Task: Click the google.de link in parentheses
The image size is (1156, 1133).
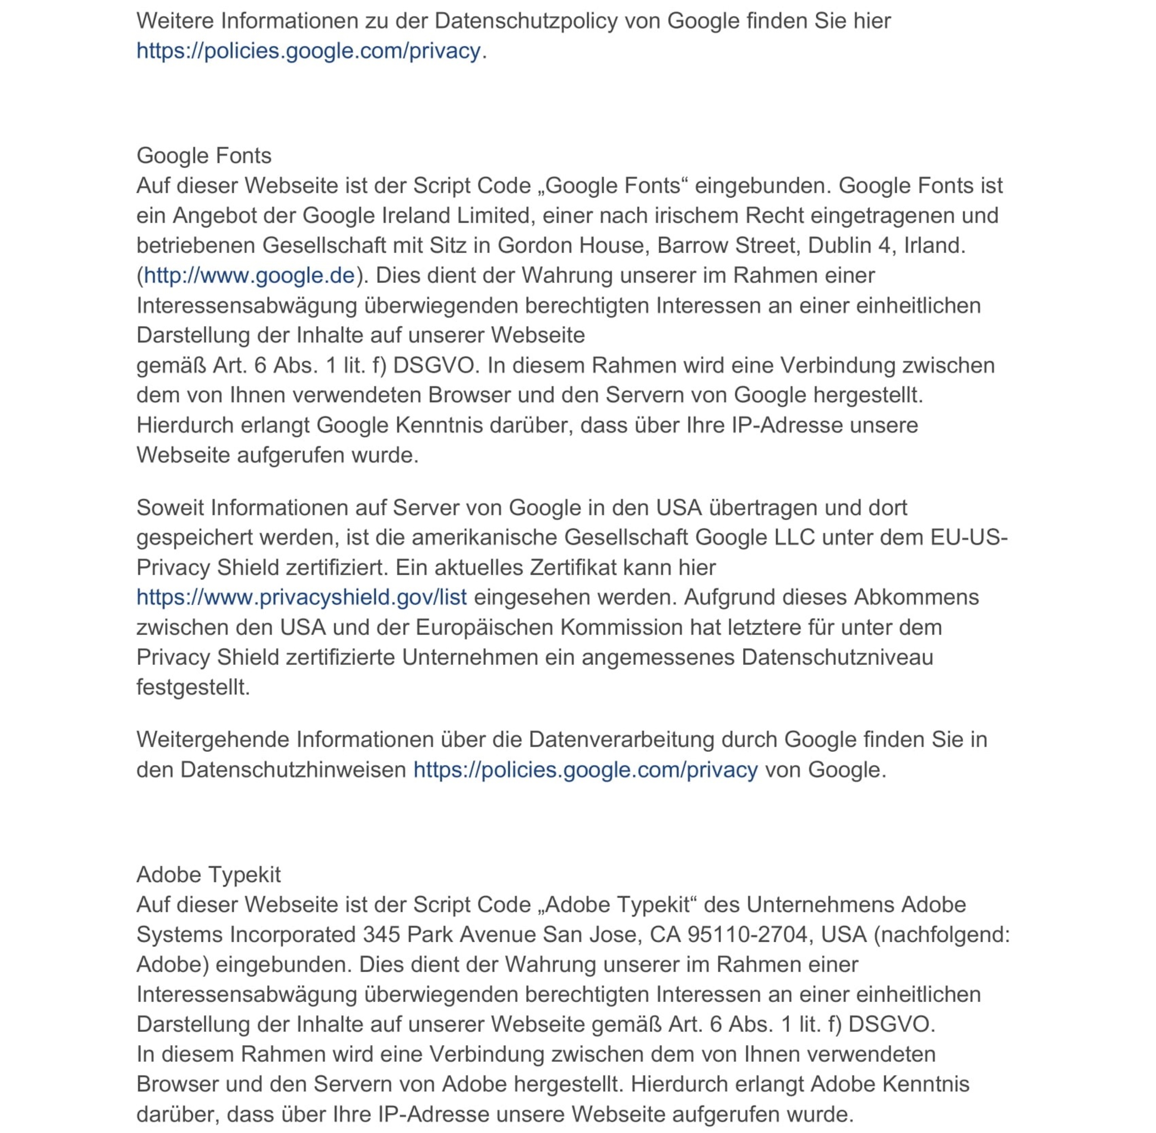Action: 249,276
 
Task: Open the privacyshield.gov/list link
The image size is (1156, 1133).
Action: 301,597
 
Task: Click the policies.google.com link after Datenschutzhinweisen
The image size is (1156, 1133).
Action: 585,769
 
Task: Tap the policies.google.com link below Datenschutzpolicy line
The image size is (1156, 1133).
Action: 308,51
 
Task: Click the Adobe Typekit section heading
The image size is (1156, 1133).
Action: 208,874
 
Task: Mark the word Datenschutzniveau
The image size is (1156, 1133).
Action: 837,657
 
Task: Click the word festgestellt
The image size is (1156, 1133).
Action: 193,687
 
